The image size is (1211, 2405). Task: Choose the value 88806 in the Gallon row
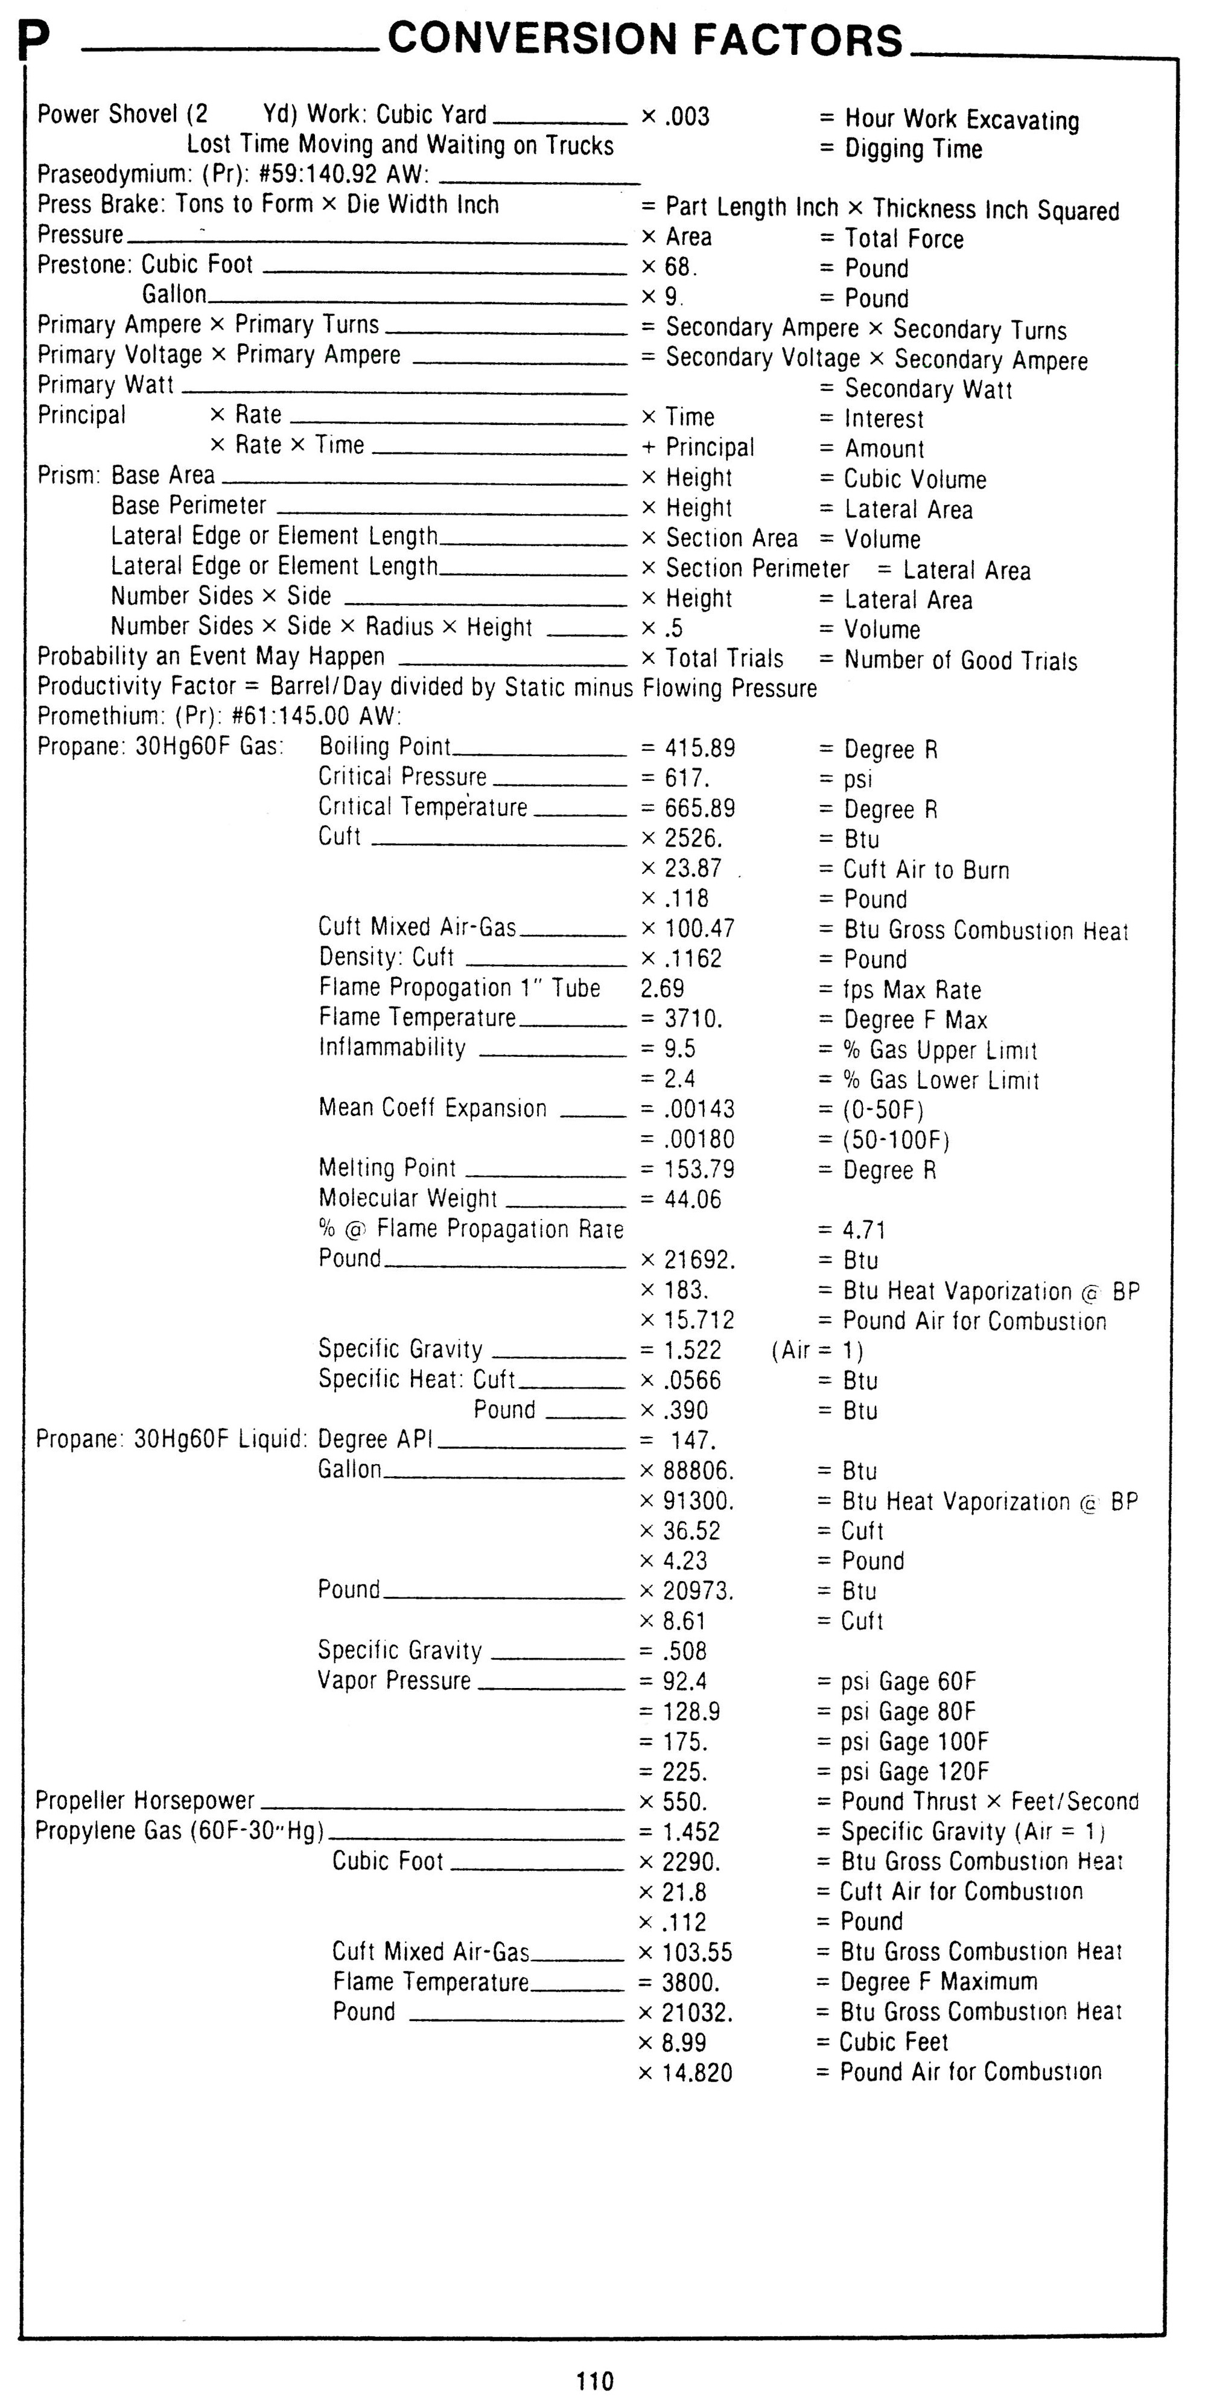tap(698, 1470)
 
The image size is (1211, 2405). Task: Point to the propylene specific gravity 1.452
tap(691, 1832)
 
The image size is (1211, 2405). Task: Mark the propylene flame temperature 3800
tap(691, 1981)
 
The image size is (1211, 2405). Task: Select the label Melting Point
tap(387, 1168)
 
